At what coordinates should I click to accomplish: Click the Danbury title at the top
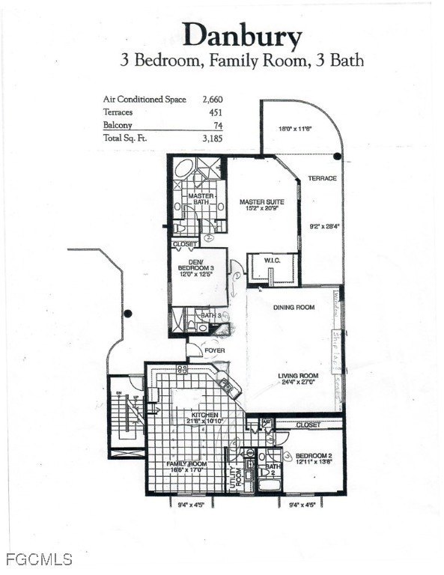(243, 34)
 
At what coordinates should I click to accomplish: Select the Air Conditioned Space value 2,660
(212, 99)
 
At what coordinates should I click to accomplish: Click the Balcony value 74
(218, 124)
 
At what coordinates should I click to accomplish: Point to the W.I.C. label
(272, 260)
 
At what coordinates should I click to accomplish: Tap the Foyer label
(214, 349)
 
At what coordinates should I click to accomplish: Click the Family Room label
(186, 464)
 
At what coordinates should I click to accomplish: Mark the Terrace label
(321, 178)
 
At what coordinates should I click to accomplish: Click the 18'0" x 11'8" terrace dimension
(296, 129)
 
